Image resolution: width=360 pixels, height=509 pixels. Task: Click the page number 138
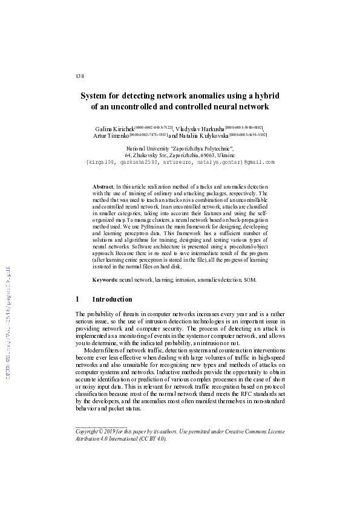click(x=79, y=76)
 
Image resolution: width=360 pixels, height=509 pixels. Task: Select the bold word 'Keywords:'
click(x=105, y=280)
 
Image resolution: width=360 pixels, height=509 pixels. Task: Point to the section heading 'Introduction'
click(x=112, y=299)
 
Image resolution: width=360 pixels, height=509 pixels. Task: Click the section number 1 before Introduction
click(x=77, y=299)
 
